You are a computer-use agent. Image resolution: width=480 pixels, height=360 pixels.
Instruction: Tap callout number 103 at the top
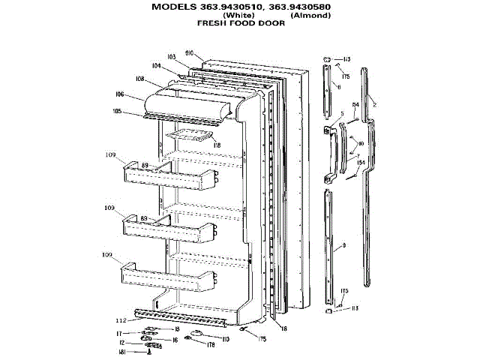point(171,57)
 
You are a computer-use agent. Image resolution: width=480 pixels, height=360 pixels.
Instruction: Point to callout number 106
point(119,94)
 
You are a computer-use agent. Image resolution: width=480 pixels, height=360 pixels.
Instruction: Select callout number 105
point(117,111)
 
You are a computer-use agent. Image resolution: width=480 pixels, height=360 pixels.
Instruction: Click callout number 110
point(225,339)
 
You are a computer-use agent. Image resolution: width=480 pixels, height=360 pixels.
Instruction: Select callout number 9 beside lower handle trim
point(343,245)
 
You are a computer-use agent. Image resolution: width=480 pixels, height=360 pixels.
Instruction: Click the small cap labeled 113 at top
point(327,58)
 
